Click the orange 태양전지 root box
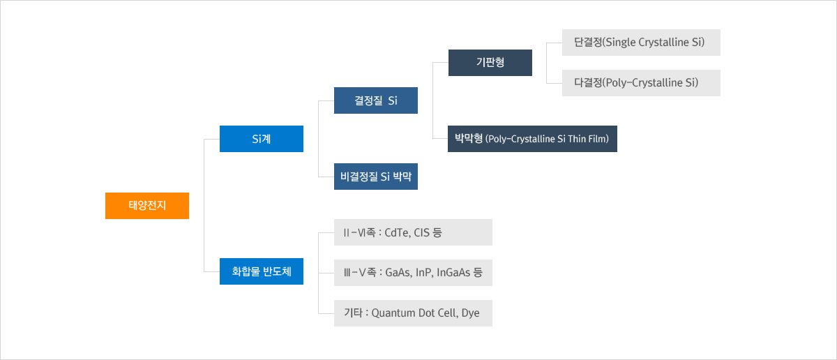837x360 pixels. pos(147,206)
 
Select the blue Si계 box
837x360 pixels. pos(262,139)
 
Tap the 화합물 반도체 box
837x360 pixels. pos(262,271)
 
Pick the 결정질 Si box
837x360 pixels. pos(376,100)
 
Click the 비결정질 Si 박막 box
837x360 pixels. pos(376,177)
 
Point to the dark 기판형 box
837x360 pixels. pos(490,63)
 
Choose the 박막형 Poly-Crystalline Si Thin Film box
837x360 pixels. pos(532,139)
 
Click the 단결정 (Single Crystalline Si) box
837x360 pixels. pos(641,43)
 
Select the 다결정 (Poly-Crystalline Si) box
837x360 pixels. pos(641,83)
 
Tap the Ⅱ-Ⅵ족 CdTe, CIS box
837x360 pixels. pos(413,232)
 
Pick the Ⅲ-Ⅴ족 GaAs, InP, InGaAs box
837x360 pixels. pos(413,273)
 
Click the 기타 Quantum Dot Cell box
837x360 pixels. pos(413,313)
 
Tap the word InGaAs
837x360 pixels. pos(453,273)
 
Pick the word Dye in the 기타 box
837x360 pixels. pos(470,313)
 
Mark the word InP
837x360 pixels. pos(424,273)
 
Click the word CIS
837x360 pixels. pos(421,232)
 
